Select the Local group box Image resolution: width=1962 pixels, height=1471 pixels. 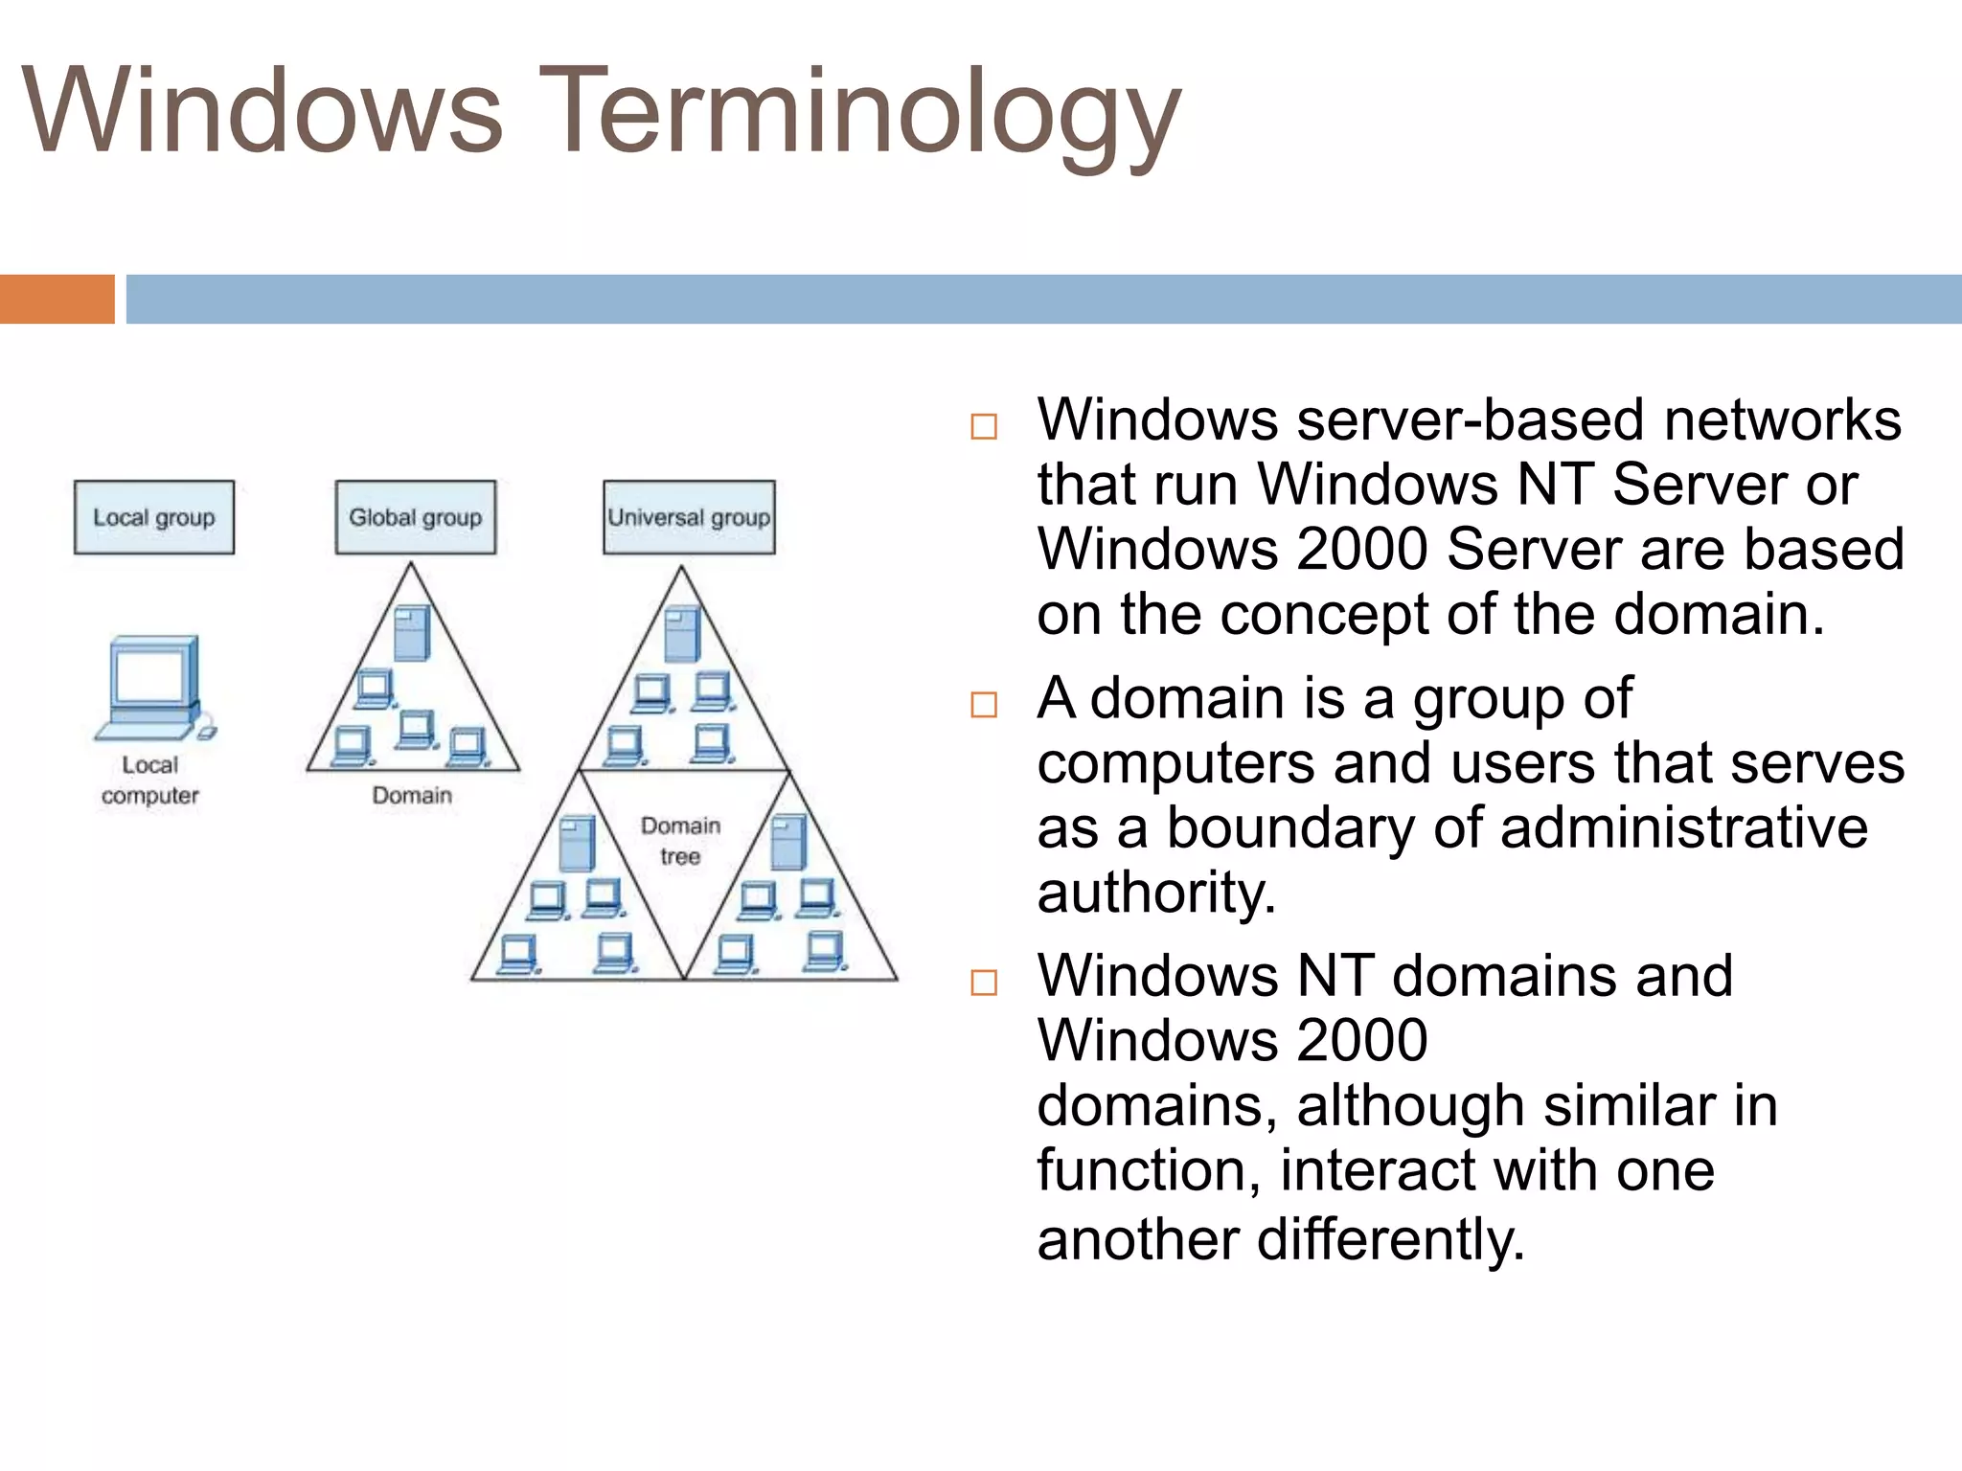tap(154, 517)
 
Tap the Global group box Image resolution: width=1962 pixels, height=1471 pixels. tap(416, 517)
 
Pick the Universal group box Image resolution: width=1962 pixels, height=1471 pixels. tap(689, 517)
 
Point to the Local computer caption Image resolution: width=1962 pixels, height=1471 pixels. tap(150, 780)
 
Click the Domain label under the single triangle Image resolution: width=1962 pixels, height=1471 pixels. tap(412, 795)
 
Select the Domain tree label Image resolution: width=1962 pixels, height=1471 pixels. tap(680, 840)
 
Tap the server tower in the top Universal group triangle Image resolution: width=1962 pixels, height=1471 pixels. tap(682, 634)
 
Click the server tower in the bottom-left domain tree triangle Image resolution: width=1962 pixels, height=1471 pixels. tap(577, 843)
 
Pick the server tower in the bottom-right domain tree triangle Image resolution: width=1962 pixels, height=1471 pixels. tap(788, 842)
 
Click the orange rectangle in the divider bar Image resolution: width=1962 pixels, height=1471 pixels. tap(57, 299)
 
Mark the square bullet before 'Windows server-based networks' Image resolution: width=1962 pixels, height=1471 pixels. tap(984, 426)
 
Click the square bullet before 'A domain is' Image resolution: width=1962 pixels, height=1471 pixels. tap(984, 705)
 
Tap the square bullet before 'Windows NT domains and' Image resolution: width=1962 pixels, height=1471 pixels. tap(984, 983)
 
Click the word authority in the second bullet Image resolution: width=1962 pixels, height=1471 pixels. tap(1155, 893)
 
